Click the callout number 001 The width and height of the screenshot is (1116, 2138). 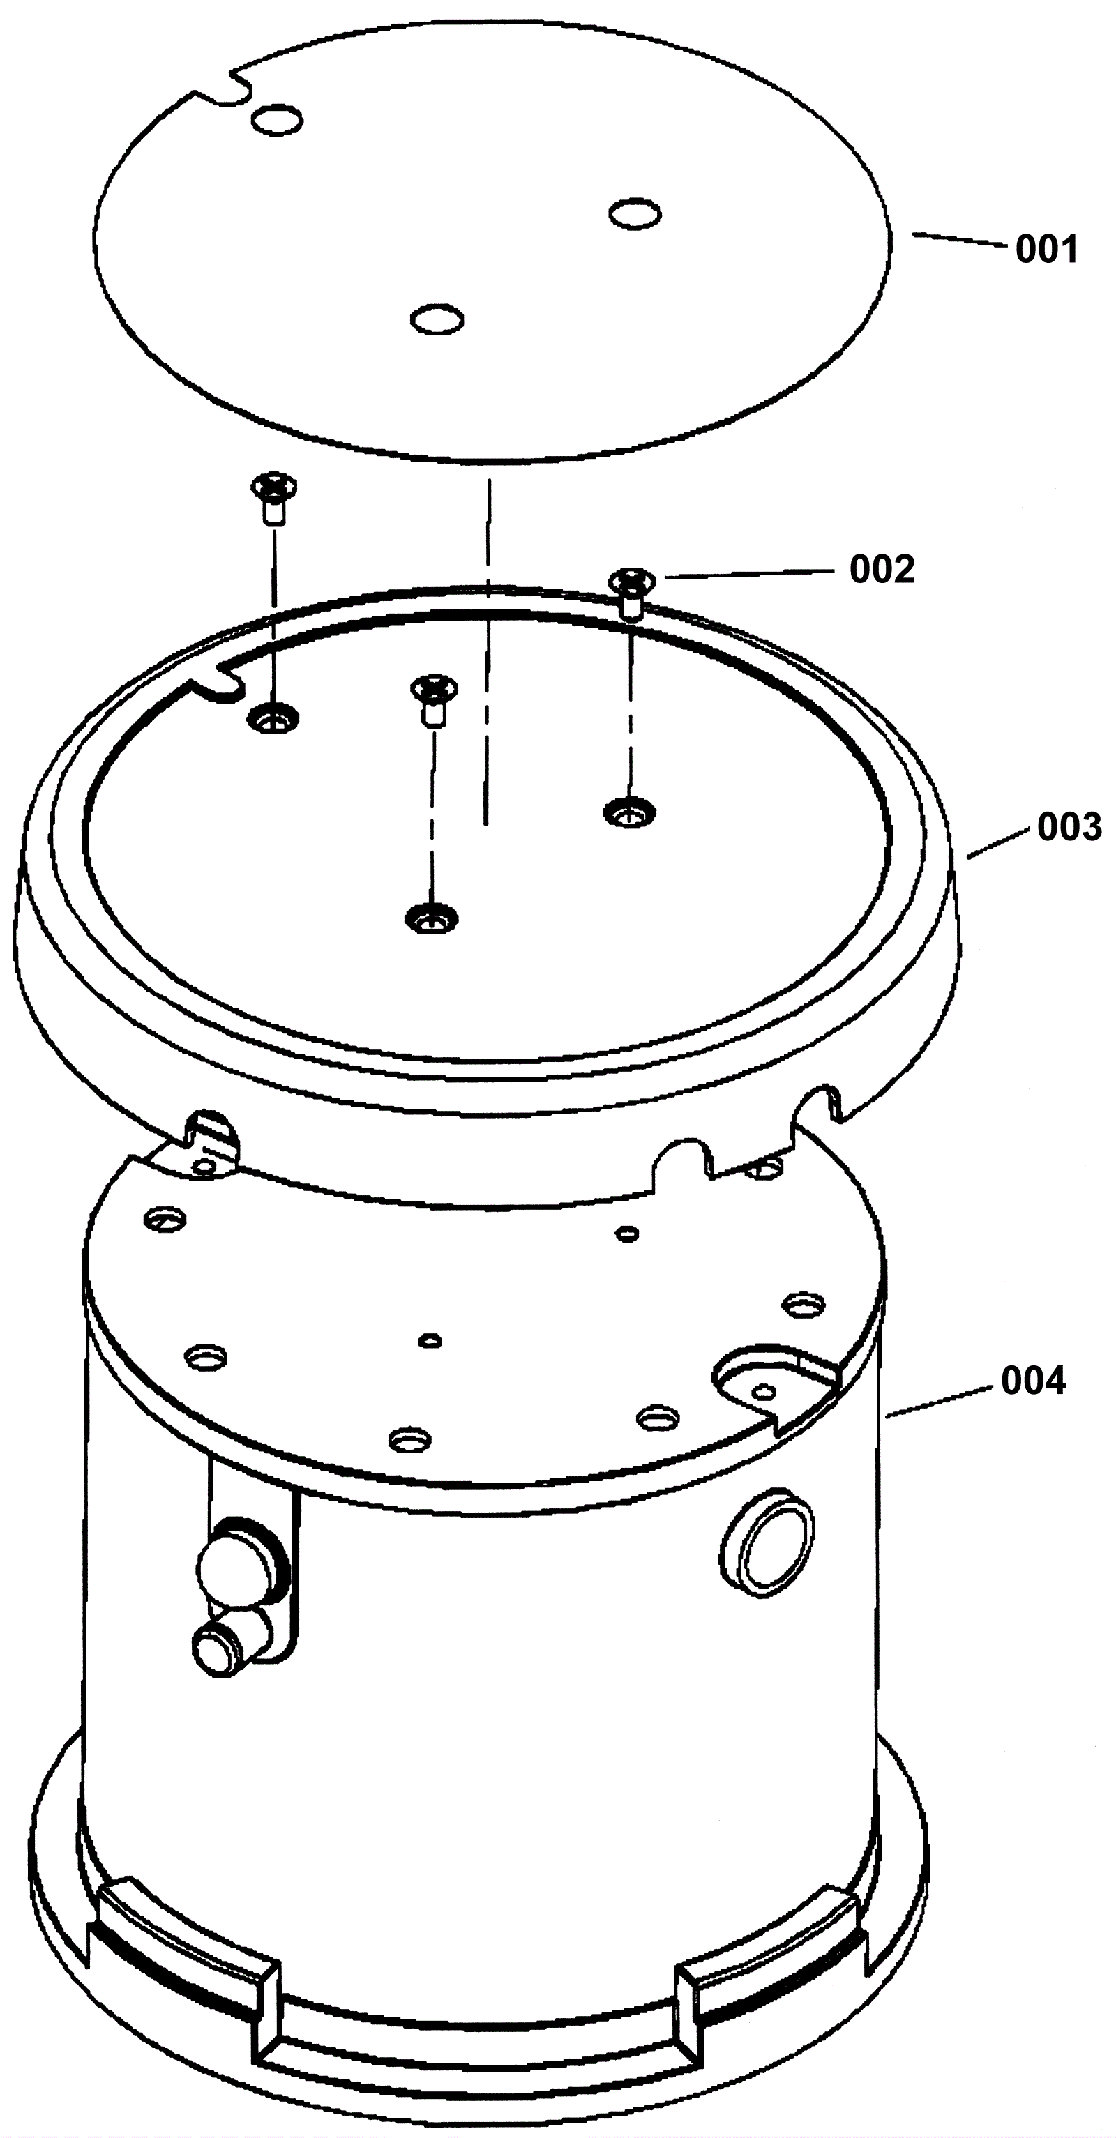pos(1046,249)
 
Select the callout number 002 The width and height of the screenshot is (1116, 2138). pos(882,569)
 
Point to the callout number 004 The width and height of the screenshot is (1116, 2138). pos(1033,1381)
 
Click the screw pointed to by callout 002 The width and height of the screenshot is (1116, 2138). pos(632,593)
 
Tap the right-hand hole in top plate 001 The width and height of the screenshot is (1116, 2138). pos(635,213)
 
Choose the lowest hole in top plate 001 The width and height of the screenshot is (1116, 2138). pos(437,319)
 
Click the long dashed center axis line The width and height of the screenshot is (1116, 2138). pos(488,651)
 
